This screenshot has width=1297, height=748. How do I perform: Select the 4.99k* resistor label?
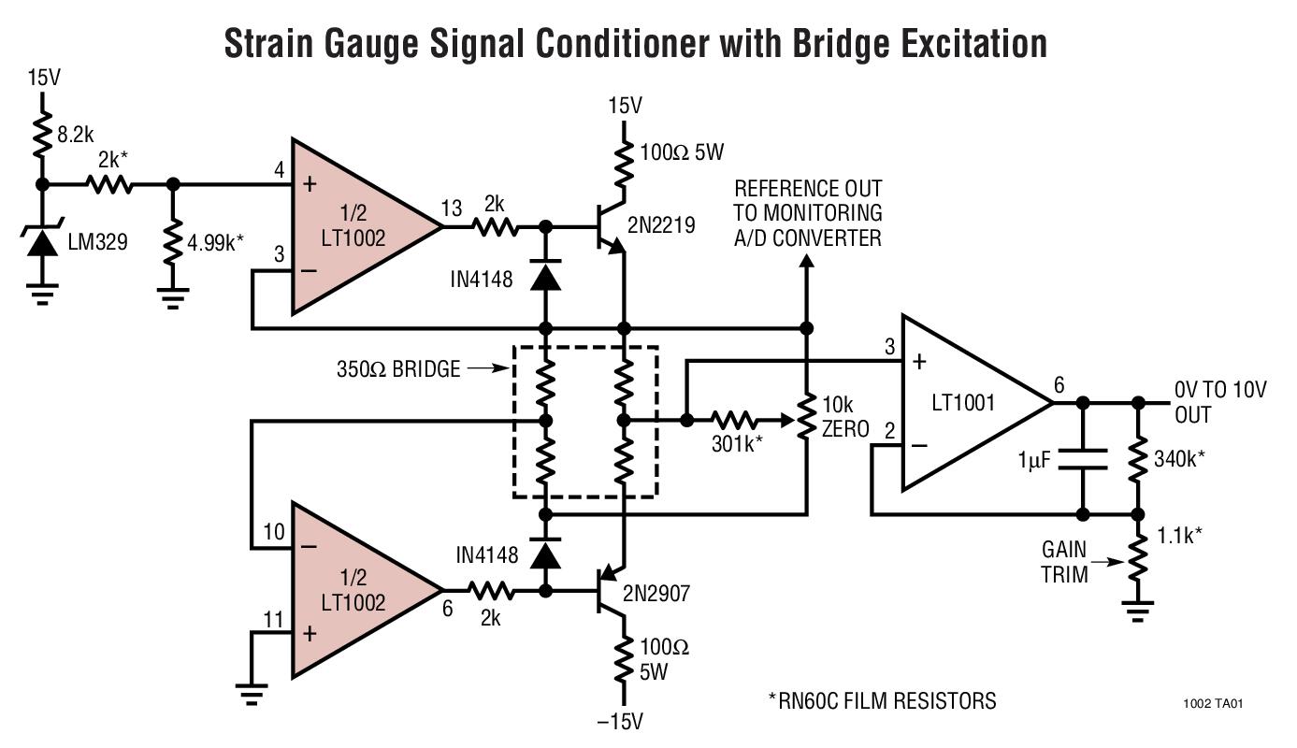[216, 242]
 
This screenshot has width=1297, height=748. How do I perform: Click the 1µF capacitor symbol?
[1082, 459]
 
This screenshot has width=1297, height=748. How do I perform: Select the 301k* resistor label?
[737, 445]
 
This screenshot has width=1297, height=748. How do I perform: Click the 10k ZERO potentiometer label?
[844, 417]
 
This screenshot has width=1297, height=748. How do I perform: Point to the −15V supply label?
[621, 721]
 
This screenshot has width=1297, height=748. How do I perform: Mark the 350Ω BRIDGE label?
[398, 369]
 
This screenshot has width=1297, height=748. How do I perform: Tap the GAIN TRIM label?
[1064, 562]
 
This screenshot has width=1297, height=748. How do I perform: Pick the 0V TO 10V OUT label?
[1218, 402]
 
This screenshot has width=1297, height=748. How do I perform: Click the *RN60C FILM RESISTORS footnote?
[882, 700]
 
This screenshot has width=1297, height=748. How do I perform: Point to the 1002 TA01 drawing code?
[1212, 704]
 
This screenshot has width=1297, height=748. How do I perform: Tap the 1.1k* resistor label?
[1179, 536]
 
